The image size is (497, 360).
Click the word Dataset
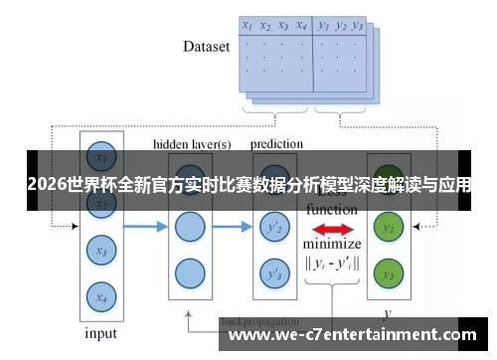207,46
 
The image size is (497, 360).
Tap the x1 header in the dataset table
248,26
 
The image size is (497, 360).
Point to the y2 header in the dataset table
341,26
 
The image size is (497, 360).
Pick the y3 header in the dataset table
359,26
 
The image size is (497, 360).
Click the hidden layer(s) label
192,144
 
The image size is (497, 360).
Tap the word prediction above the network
276,144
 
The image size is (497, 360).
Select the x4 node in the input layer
98,295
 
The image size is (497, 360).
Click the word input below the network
100,333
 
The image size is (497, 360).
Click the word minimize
332,245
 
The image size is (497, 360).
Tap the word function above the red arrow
332,210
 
